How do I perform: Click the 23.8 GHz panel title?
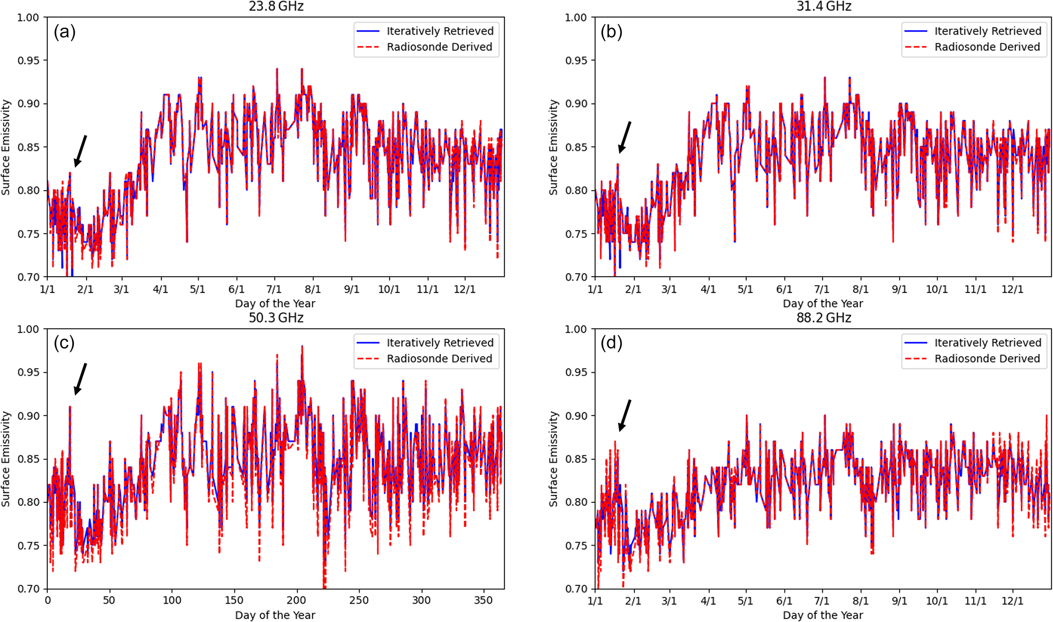[x=276, y=6]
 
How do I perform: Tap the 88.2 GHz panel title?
[x=823, y=318]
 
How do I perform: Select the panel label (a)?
[x=64, y=32]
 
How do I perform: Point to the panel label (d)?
[x=611, y=343]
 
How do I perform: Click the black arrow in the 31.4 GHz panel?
[x=625, y=137]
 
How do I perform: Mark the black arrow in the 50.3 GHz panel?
[x=80, y=379]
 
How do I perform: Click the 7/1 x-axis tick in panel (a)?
[x=274, y=289]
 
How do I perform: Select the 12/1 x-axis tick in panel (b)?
[x=1012, y=289]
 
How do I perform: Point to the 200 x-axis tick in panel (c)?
[x=296, y=600]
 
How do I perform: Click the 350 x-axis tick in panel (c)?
[x=483, y=600]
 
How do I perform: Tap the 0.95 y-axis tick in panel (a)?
[x=28, y=61]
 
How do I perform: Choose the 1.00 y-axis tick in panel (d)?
[x=576, y=330]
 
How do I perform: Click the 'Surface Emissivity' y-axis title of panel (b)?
[x=554, y=147]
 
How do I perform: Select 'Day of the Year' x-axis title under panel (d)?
[x=823, y=615]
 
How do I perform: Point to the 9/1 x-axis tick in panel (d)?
[x=899, y=601]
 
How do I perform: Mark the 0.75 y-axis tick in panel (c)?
[x=28, y=546]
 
